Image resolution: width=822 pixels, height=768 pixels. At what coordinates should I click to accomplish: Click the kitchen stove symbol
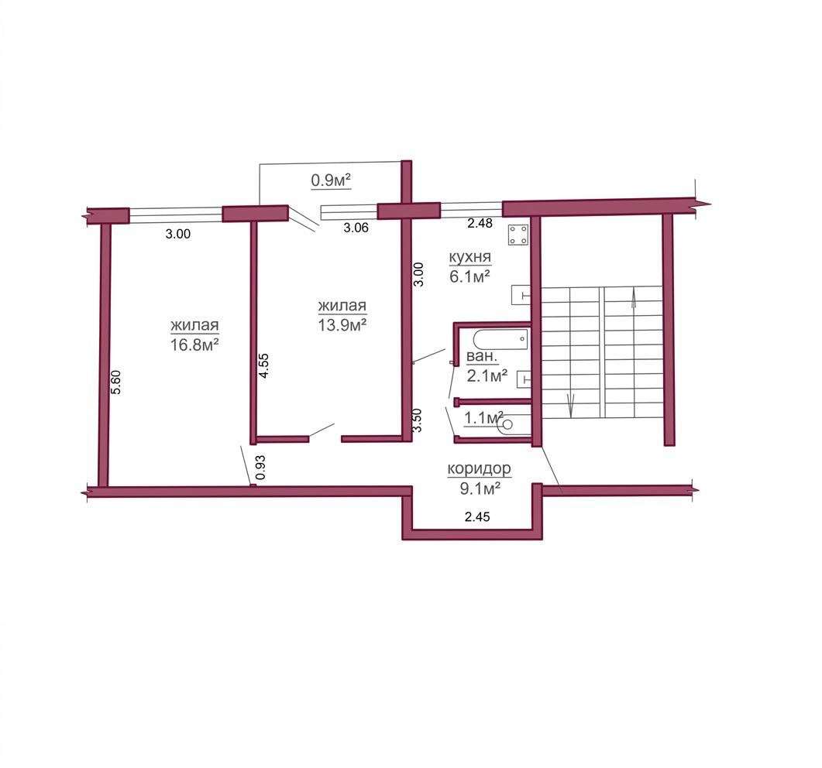518,234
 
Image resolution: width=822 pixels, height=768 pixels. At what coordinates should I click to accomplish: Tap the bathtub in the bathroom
500,339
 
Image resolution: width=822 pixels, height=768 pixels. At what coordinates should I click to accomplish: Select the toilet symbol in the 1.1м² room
514,423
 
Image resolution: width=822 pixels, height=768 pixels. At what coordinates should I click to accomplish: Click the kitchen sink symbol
521,294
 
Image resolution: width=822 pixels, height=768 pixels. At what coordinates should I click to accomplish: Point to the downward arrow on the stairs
571,404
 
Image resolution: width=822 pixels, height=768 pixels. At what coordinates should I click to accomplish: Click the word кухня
470,257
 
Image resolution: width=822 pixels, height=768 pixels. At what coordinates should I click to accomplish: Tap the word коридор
479,469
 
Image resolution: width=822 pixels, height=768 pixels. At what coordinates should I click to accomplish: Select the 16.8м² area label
194,345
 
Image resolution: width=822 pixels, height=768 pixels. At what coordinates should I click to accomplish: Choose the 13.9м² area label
342,325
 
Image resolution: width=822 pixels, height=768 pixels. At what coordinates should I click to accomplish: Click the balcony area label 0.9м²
331,180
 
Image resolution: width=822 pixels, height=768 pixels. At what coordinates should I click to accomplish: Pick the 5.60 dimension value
116,382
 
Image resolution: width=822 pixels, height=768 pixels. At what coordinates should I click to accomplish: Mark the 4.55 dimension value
263,365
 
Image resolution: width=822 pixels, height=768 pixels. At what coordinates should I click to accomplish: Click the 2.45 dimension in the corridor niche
477,517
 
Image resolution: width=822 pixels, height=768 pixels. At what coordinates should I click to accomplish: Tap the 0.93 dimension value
260,468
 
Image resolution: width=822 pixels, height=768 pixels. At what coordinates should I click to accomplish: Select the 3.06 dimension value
356,228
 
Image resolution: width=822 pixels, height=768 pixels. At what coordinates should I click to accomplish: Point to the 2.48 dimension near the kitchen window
480,223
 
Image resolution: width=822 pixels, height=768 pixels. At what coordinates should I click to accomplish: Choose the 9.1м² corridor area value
480,489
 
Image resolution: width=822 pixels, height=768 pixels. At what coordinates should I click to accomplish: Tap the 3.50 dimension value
417,420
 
